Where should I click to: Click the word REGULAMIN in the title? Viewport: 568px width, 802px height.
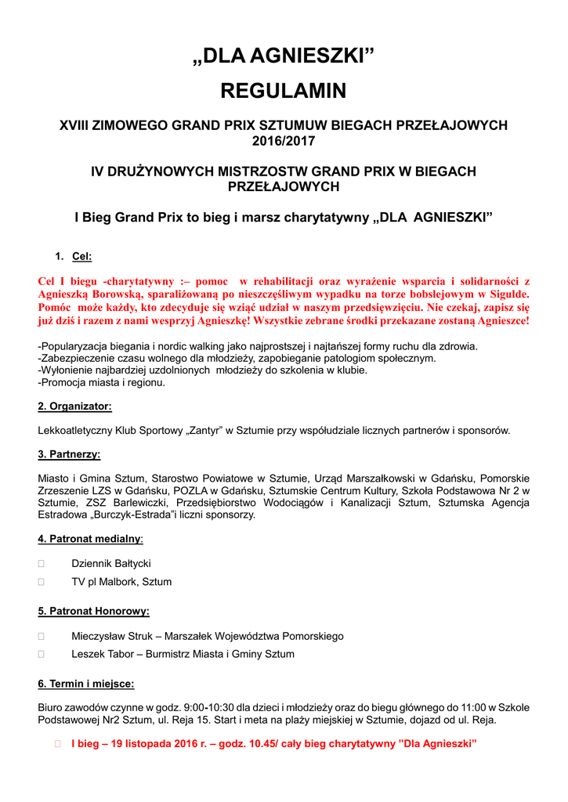point(284,92)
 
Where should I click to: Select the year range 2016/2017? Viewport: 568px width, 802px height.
point(284,141)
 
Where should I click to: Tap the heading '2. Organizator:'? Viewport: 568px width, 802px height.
point(74,406)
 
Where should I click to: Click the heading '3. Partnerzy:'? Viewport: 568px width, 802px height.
point(69,454)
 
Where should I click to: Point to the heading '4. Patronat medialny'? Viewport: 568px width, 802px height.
point(89,539)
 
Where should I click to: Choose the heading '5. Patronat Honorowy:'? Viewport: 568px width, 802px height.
point(93,611)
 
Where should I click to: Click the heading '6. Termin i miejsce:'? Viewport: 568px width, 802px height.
point(86,684)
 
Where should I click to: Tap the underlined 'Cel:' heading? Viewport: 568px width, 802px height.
point(81,256)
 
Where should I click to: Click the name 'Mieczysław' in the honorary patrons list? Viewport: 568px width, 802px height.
point(99,636)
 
